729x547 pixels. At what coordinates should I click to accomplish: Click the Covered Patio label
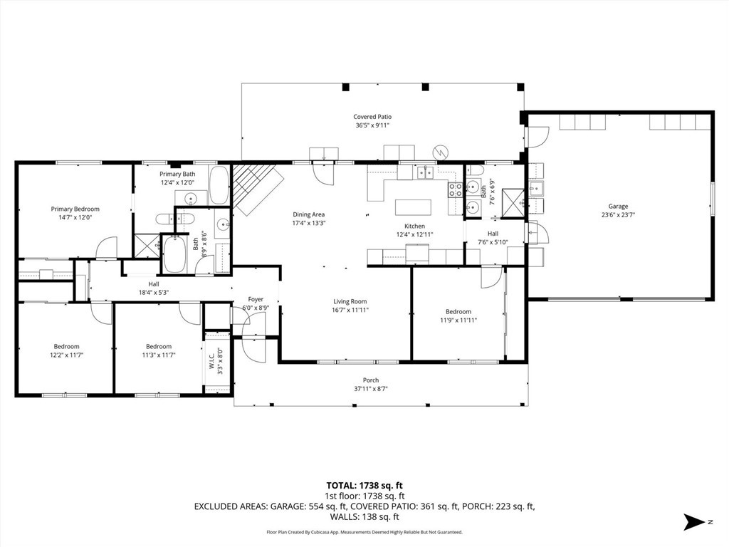tap(372, 117)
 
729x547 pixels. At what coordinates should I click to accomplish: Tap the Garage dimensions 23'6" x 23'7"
tap(619, 215)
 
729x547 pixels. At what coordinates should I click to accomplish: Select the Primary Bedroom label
tap(75, 209)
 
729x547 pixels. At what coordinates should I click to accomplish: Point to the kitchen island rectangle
tap(414, 207)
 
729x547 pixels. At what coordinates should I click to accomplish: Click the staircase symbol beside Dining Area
tap(257, 187)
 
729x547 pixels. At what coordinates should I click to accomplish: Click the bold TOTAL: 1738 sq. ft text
tap(364, 486)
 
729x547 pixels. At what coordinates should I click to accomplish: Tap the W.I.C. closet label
tap(211, 361)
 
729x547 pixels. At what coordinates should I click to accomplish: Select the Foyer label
tap(256, 300)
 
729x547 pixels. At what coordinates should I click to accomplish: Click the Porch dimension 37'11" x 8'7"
tap(371, 389)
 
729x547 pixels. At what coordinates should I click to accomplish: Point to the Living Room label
tap(350, 301)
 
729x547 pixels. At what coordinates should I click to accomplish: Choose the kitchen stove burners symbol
tap(455, 189)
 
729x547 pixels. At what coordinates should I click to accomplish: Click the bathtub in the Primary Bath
tap(219, 184)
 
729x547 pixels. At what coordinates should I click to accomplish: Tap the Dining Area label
tap(309, 214)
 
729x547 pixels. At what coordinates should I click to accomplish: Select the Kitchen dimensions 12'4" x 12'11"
tap(415, 234)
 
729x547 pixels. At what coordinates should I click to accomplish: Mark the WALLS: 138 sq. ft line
tap(364, 517)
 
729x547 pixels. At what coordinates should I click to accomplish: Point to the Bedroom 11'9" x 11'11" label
tap(458, 312)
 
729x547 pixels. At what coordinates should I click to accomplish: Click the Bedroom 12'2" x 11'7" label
tap(66, 347)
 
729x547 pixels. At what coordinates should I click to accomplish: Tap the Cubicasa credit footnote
tap(364, 532)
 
